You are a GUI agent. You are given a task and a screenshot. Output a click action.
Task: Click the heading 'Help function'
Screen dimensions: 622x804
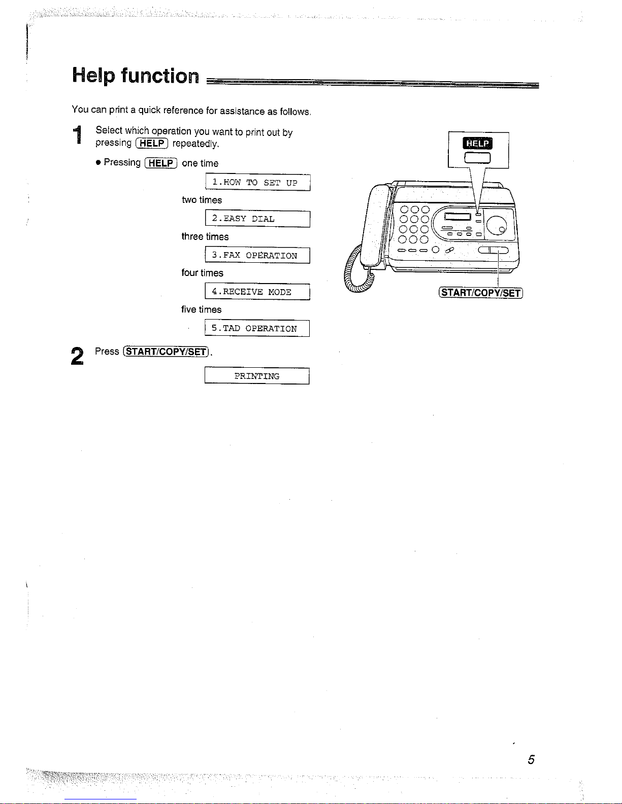pos(136,76)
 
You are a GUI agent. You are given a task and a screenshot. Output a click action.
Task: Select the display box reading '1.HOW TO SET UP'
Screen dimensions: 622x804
pos(258,183)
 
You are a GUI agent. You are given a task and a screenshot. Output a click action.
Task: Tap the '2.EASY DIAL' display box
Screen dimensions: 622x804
pos(258,219)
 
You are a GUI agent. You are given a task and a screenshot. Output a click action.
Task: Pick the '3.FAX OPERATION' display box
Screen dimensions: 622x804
pos(257,255)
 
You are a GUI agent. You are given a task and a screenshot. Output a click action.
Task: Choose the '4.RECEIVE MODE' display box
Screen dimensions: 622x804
pos(257,292)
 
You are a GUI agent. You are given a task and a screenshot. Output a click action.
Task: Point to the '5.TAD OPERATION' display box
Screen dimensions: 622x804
pos(257,328)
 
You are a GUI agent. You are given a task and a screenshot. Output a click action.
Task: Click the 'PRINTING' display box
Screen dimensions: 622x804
pos(257,376)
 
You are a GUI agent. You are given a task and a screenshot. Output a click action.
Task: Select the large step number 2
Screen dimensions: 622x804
pos(77,356)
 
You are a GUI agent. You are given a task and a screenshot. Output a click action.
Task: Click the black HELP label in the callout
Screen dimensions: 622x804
pos(477,143)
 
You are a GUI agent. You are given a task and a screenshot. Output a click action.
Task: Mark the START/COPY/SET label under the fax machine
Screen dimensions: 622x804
pos(480,293)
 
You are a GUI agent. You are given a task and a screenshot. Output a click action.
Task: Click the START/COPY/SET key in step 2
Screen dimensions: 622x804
pos(166,352)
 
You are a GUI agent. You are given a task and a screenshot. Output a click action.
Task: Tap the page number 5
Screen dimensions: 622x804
pos(531,759)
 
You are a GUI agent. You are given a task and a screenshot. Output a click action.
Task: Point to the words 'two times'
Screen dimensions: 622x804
pos(202,200)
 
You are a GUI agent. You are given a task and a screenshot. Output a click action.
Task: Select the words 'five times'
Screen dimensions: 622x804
pos(202,310)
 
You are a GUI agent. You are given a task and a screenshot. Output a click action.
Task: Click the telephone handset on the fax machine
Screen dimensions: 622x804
pos(375,226)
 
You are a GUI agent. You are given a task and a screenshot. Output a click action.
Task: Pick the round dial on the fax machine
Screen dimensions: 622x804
pos(497,225)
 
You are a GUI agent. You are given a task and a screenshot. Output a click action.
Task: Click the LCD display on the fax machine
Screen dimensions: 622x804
pos(457,217)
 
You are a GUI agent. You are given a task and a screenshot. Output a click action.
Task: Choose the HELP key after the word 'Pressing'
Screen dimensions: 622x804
pos(161,163)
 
